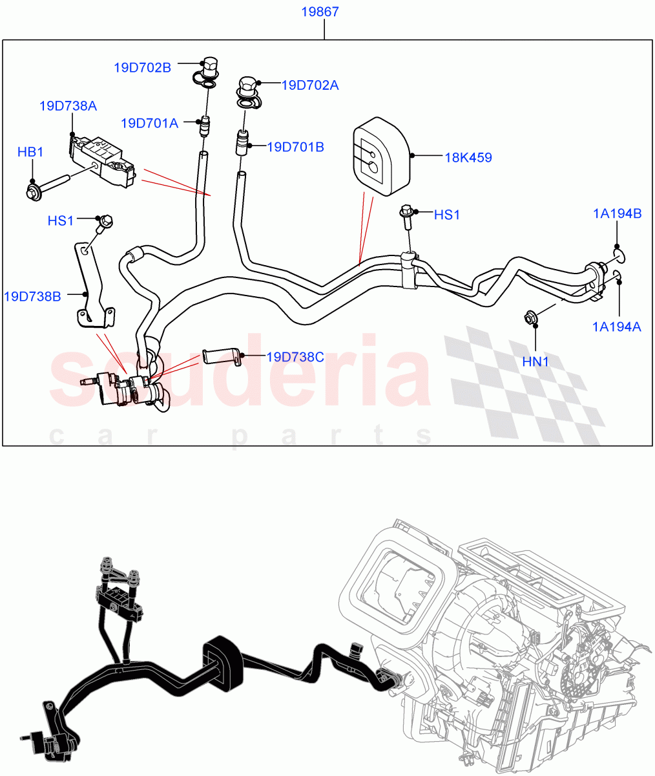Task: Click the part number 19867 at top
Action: [321, 12]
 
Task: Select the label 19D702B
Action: [142, 67]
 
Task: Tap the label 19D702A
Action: [310, 85]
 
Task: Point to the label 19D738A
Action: [68, 106]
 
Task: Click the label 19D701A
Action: [149, 123]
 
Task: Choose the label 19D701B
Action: [295, 147]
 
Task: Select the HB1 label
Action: [30, 153]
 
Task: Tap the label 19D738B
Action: [32, 296]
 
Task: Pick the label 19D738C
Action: [295, 357]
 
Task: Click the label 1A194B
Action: [618, 214]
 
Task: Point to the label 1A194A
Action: [617, 327]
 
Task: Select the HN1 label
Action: [535, 362]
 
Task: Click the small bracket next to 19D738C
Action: [222, 356]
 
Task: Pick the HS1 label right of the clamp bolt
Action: [446, 215]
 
